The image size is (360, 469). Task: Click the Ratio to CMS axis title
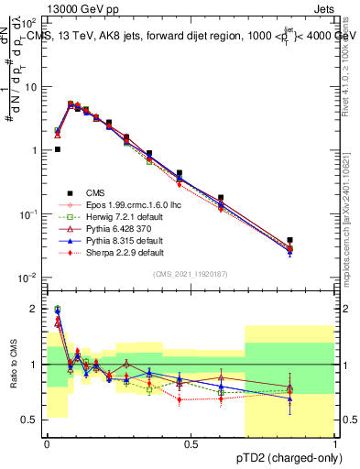pos(14,365)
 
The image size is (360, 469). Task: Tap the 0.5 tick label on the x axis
pos(191,444)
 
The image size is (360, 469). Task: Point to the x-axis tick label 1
pos(334,444)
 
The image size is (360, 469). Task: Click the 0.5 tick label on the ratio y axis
pos(33,420)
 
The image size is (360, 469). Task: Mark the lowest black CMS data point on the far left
pos(57,148)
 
